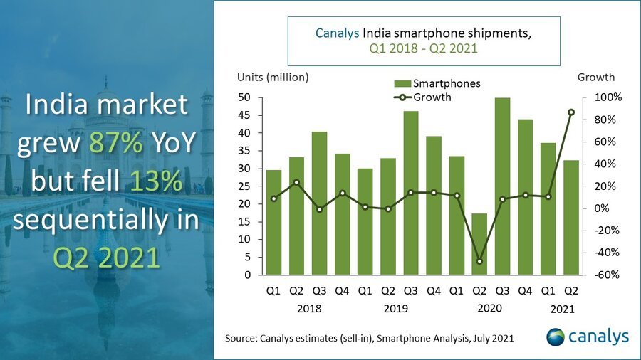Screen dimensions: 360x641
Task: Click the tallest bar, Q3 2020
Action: pyautogui.click(x=502, y=186)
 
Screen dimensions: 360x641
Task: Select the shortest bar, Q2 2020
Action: pyautogui.click(x=480, y=244)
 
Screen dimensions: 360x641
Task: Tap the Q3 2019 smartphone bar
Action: pyautogui.click(x=410, y=193)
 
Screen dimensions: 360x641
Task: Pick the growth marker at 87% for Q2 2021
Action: pyautogui.click(x=571, y=112)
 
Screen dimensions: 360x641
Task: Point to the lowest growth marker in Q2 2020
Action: pyautogui.click(x=480, y=261)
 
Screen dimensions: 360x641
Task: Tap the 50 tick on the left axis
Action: pyautogui.click(x=244, y=97)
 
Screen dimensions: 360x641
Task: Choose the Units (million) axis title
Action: pyautogui.click(x=273, y=77)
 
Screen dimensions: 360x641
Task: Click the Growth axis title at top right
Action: pyautogui.click(x=595, y=77)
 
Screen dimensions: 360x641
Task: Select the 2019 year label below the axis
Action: pyautogui.click(x=399, y=309)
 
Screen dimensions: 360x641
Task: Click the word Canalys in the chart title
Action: pyautogui.click(x=337, y=33)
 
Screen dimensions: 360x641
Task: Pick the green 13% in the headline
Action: pyautogui.click(x=154, y=182)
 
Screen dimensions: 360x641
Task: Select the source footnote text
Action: pyautogui.click(x=369, y=337)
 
